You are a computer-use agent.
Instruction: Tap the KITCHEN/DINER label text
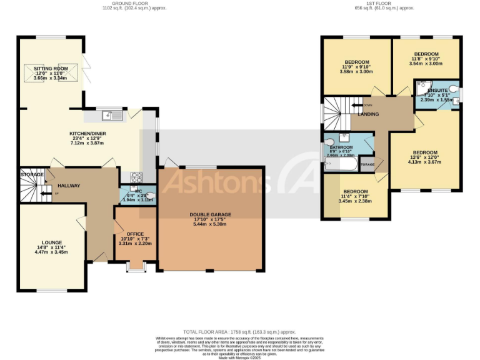click(x=86, y=133)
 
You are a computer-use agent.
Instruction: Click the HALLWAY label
click(x=68, y=186)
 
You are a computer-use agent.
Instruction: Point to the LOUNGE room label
click(x=52, y=242)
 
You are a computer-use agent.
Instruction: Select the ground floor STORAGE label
click(x=31, y=174)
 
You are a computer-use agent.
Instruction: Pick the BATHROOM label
click(x=341, y=148)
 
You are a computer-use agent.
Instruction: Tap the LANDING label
click(x=368, y=114)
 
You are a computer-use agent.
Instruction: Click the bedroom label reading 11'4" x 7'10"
click(x=354, y=191)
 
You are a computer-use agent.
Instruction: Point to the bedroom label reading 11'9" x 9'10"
click(x=356, y=62)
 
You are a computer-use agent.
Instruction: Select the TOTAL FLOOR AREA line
click(x=239, y=332)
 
